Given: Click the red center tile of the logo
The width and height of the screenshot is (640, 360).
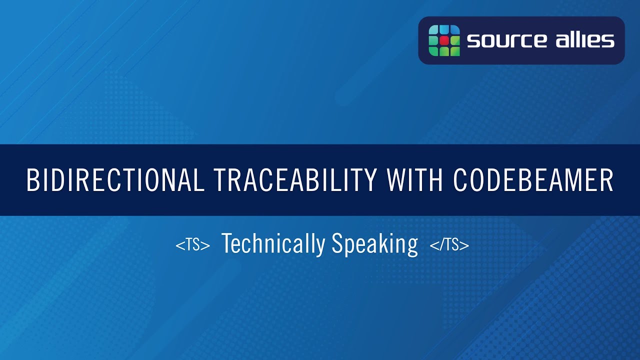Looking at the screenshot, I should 444,40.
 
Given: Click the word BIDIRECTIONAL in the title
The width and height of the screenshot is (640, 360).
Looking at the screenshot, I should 115,180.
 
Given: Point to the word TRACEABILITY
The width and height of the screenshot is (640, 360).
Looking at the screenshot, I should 295,180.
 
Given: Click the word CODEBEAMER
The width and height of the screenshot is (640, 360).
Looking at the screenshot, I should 533,180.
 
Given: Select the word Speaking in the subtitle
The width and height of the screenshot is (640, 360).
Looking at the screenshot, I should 374,244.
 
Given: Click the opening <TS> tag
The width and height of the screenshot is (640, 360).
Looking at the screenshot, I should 192,245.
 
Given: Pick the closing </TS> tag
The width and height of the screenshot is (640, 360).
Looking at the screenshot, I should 449,245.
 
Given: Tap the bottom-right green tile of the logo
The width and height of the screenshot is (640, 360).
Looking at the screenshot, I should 454,50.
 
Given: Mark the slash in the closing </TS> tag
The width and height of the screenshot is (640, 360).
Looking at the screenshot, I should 440,245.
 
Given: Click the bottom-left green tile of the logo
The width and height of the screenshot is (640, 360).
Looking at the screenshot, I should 434,50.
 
